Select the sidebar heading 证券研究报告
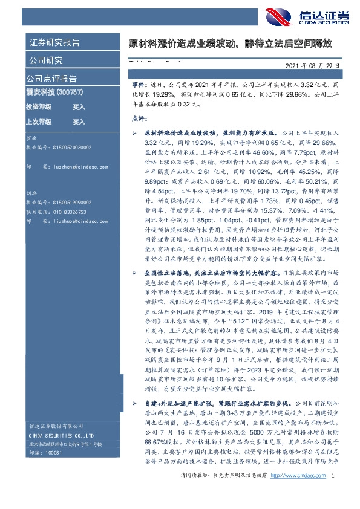tap(54, 42)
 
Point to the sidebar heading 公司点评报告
tap(51, 79)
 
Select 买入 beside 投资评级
tap(79, 106)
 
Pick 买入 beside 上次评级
tap(79, 122)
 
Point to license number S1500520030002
tap(71, 147)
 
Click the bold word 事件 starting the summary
tap(138, 88)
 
